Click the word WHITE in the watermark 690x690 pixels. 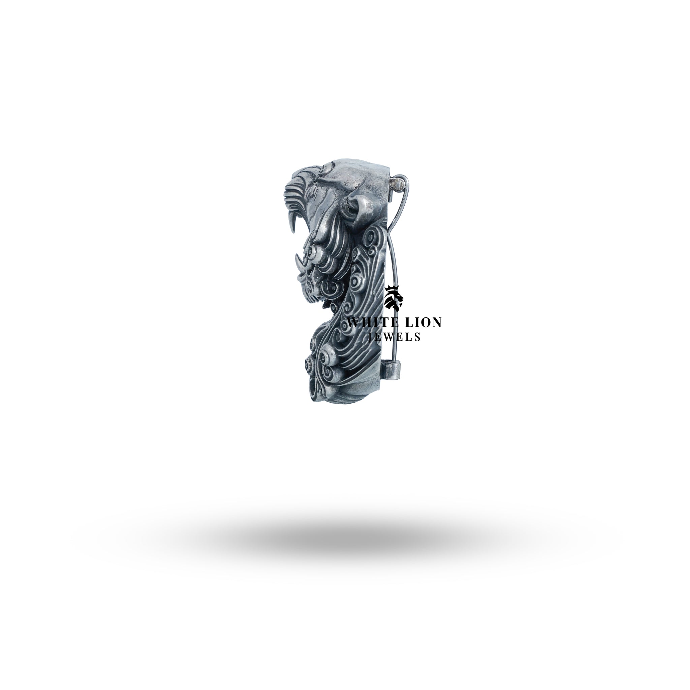tap(371, 322)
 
